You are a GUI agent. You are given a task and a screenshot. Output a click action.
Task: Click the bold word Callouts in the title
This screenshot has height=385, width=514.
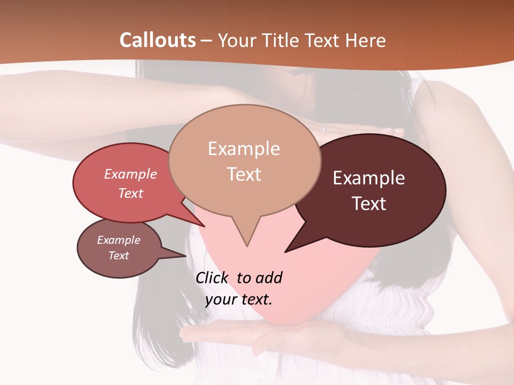point(157,40)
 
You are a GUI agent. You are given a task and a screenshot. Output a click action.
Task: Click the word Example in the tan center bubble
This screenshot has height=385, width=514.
point(244,149)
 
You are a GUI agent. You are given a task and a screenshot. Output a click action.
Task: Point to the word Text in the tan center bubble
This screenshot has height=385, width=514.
point(244,174)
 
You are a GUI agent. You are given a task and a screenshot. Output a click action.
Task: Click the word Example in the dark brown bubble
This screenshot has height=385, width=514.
point(369,178)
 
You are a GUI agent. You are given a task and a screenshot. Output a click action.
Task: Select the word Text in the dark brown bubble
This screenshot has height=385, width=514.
point(369,204)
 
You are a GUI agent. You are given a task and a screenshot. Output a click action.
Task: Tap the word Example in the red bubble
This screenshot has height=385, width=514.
point(130,174)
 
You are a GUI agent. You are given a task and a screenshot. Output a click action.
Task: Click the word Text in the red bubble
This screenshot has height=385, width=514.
point(130,193)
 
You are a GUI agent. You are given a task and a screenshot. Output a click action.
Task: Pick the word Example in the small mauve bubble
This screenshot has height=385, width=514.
point(118,240)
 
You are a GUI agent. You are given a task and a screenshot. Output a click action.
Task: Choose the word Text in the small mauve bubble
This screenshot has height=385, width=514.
point(118,256)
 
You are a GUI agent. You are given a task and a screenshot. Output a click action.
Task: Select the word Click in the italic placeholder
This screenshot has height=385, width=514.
point(213,278)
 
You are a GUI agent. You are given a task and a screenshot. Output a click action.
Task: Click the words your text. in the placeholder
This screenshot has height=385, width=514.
point(239,299)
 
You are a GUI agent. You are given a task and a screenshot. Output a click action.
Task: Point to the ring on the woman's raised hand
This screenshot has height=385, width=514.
point(323,128)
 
